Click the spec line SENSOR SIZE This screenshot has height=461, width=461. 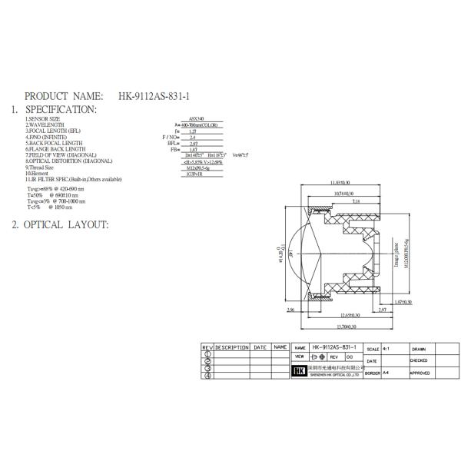[x=43, y=120]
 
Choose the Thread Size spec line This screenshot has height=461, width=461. [x=40, y=167]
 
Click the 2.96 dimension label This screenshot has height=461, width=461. [x=291, y=310]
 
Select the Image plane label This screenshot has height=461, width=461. [x=396, y=251]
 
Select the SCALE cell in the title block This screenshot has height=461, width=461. [x=373, y=348]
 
